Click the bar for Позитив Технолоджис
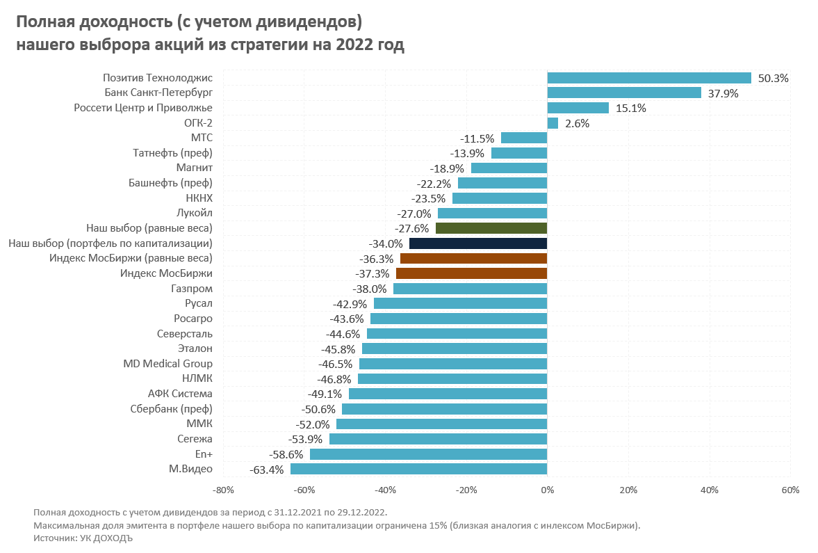pos(649,78)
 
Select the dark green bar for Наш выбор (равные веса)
pos(491,228)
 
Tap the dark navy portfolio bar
pos(478,243)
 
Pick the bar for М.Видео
pos(418,469)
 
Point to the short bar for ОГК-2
pos(553,123)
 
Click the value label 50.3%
pos(773,79)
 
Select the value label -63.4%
pos(266,470)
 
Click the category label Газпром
pos(192,289)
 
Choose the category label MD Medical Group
pos(167,364)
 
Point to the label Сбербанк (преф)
pos(171,409)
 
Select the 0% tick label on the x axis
pos(547,490)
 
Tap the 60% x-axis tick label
pos(790,490)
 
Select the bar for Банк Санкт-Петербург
pos(624,93)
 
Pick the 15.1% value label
pos(630,109)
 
